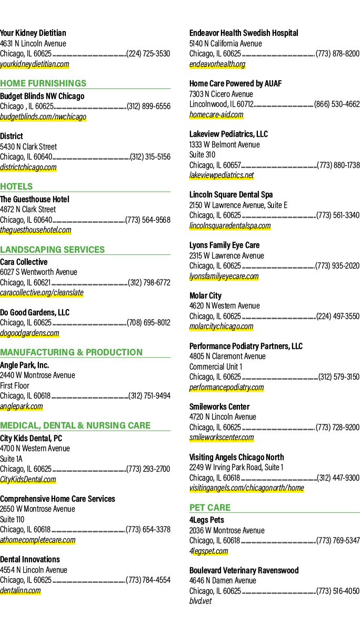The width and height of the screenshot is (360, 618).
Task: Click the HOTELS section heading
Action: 16,186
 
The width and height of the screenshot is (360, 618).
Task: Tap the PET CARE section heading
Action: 210,507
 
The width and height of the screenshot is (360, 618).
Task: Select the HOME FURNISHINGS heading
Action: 43,84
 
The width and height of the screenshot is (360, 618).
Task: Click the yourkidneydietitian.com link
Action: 35,64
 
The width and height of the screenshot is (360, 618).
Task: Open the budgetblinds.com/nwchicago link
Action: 43,117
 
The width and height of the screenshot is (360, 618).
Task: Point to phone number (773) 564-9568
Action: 148,220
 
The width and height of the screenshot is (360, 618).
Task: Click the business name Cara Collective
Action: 24,262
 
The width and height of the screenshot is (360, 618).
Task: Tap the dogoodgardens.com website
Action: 29,333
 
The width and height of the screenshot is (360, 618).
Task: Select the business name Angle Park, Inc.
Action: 24,365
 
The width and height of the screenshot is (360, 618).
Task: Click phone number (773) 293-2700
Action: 148,469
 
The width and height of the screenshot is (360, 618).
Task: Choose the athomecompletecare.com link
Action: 38,540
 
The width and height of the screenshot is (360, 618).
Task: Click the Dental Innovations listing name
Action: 30,560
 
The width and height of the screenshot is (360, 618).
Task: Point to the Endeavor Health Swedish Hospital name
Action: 244,33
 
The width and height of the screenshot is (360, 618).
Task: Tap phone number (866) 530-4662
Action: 337,104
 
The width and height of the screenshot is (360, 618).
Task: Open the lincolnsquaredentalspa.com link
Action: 230,226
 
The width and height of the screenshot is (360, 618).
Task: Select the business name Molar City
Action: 205,296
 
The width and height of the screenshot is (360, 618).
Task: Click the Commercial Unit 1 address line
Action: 216,366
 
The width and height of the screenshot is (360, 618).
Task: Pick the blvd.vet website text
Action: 201,601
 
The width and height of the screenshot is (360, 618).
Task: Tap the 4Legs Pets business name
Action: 207,520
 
